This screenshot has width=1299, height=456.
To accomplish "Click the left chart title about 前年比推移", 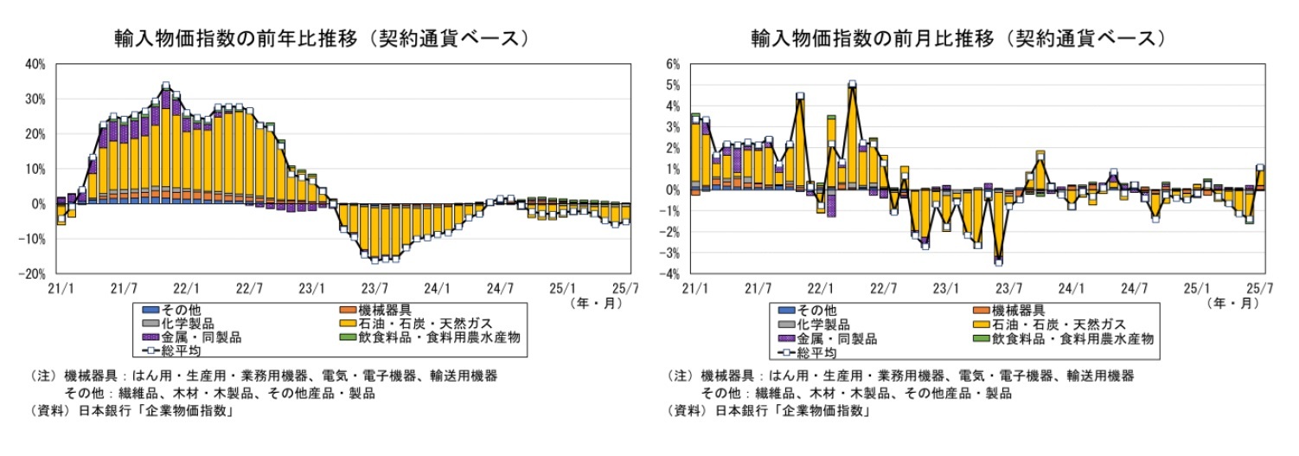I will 321,39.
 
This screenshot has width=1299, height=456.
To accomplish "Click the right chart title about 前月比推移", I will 958,39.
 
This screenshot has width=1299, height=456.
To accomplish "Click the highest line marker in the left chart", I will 165,86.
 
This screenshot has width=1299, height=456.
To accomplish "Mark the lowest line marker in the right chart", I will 998,261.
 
